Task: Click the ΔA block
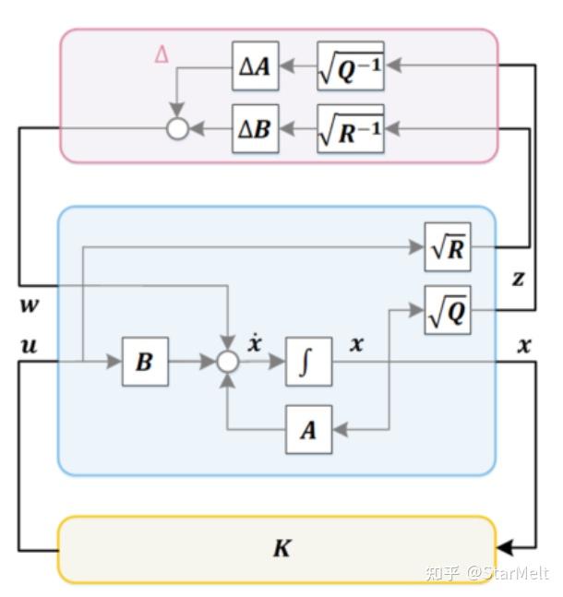pos(255,67)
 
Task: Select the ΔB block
pos(255,129)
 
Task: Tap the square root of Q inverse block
pos(350,67)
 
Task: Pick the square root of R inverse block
pos(350,129)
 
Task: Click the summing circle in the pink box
pos(177,129)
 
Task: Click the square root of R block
pos(448,247)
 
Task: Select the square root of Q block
pos(448,310)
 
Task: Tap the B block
pos(145,362)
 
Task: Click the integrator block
pos(308,362)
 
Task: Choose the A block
pos(308,429)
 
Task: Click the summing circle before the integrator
pos(228,362)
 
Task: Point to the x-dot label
pos(255,343)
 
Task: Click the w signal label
pos(29,303)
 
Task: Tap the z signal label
pos(518,278)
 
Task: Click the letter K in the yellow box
pos(281,548)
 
